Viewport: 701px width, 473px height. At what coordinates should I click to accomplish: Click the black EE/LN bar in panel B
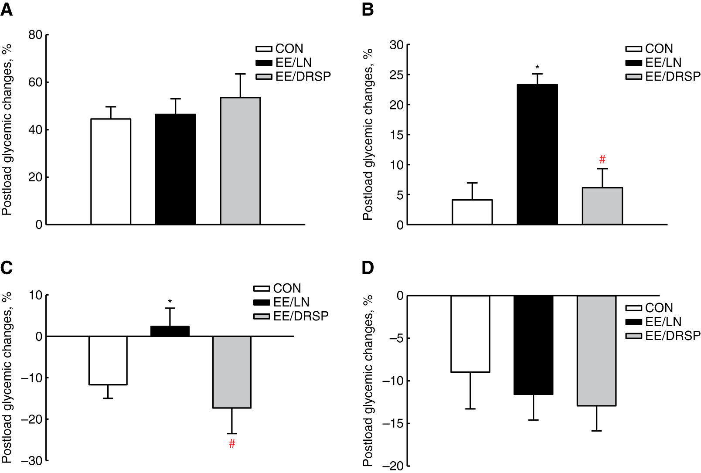pyautogui.click(x=537, y=155)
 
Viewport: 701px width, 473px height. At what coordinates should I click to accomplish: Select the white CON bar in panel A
pyautogui.click(x=111, y=172)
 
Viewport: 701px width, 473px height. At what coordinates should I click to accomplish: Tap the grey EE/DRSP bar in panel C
pyautogui.click(x=232, y=372)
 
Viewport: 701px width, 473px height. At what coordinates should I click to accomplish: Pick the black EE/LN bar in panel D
pyautogui.click(x=534, y=345)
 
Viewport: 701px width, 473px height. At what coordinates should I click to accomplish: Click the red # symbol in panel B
pyautogui.click(x=602, y=159)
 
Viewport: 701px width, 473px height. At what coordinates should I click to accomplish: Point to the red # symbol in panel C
pyautogui.click(x=232, y=444)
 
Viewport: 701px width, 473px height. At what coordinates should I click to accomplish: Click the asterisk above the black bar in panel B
pyautogui.click(x=537, y=67)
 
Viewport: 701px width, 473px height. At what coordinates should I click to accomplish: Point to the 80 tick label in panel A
pyautogui.click(x=35, y=35)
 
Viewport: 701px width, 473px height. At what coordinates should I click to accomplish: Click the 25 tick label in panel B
pyautogui.click(x=396, y=75)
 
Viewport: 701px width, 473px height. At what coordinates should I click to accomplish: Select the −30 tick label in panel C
pyautogui.click(x=32, y=461)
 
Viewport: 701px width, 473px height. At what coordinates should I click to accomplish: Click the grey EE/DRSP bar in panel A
pyautogui.click(x=240, y=161)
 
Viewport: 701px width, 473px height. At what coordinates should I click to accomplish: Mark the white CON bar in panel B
pyautogui.click(x=472, y=212)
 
